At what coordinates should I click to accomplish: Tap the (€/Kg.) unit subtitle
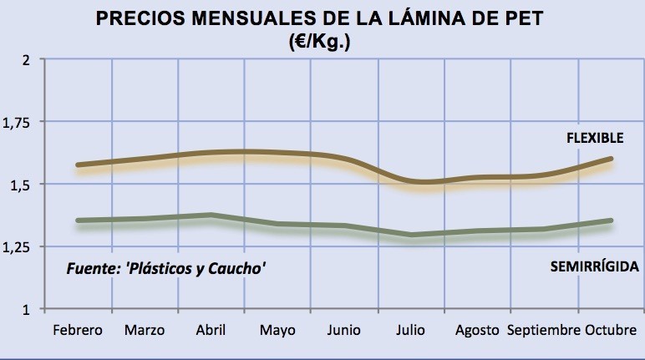(320, 42)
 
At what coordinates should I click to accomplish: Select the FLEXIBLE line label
(595, 138)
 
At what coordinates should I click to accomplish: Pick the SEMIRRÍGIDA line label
(595, 266)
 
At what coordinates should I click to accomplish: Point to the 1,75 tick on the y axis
(16, 123)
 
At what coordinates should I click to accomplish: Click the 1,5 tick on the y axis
(20, 185)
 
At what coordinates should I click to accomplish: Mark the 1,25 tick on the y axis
(16, 248)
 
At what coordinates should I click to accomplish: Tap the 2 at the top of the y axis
(27, 60)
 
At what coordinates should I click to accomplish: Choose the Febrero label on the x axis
(78, 330)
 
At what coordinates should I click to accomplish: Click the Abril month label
(211, 330)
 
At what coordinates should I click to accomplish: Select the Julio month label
(410, 330)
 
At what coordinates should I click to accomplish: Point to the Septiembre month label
(544, 331)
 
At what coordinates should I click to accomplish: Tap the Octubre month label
(611, 330)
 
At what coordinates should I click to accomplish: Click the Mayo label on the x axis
(277, 331)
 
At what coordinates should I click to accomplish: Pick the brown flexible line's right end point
(611, 159)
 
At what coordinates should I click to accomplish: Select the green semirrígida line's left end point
(79, 221)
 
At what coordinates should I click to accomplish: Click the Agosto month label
(477, 331)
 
